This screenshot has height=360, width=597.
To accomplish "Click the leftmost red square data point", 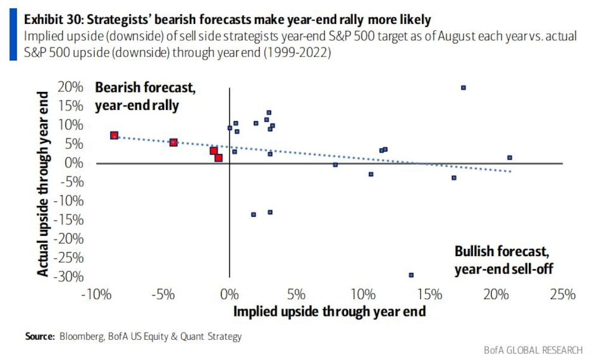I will pos(114,136).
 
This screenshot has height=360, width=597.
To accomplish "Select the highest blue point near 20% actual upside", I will pos(463,88).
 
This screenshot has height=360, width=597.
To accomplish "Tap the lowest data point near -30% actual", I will pos(411,275).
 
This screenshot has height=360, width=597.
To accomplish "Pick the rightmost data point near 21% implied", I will pos(509,158).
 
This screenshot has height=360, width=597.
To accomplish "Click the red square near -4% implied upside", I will pos(173,143).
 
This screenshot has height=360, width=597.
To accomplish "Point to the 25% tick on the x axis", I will pos(562,294).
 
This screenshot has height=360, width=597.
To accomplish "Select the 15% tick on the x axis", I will pos(429,294).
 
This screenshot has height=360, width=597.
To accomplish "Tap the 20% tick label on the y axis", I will pos(70,88).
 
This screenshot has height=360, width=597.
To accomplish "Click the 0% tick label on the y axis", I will pos(75,163).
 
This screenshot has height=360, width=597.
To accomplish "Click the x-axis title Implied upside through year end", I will pos(329,312).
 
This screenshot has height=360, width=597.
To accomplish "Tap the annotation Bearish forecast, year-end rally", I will pos(146,97).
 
